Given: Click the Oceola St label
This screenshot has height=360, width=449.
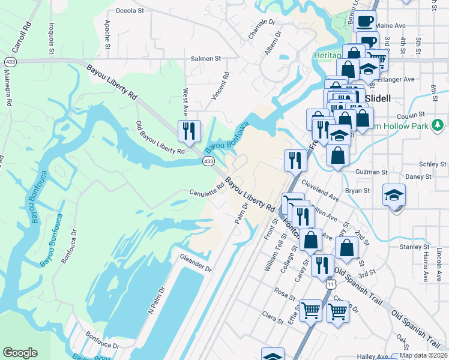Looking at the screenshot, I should coord(130,10).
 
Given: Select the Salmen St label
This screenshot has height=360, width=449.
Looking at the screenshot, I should coord(206,59).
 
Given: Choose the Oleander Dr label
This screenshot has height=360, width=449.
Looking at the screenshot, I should coord(196,263).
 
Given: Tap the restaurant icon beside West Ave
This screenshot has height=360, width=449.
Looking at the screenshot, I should coord(188,131).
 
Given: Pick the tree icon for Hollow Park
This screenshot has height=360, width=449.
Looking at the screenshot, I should coord(439,125).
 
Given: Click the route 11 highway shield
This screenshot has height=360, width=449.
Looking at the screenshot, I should coord(331,284).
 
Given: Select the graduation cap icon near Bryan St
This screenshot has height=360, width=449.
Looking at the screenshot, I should coord(394,195).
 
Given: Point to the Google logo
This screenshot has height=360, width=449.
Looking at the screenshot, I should coord(20,353).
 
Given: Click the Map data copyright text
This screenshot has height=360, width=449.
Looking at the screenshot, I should coord(423,355).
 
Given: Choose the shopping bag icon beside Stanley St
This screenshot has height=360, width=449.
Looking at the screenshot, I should coord(347,247).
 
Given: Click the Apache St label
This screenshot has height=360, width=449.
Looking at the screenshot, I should coord(107,37).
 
